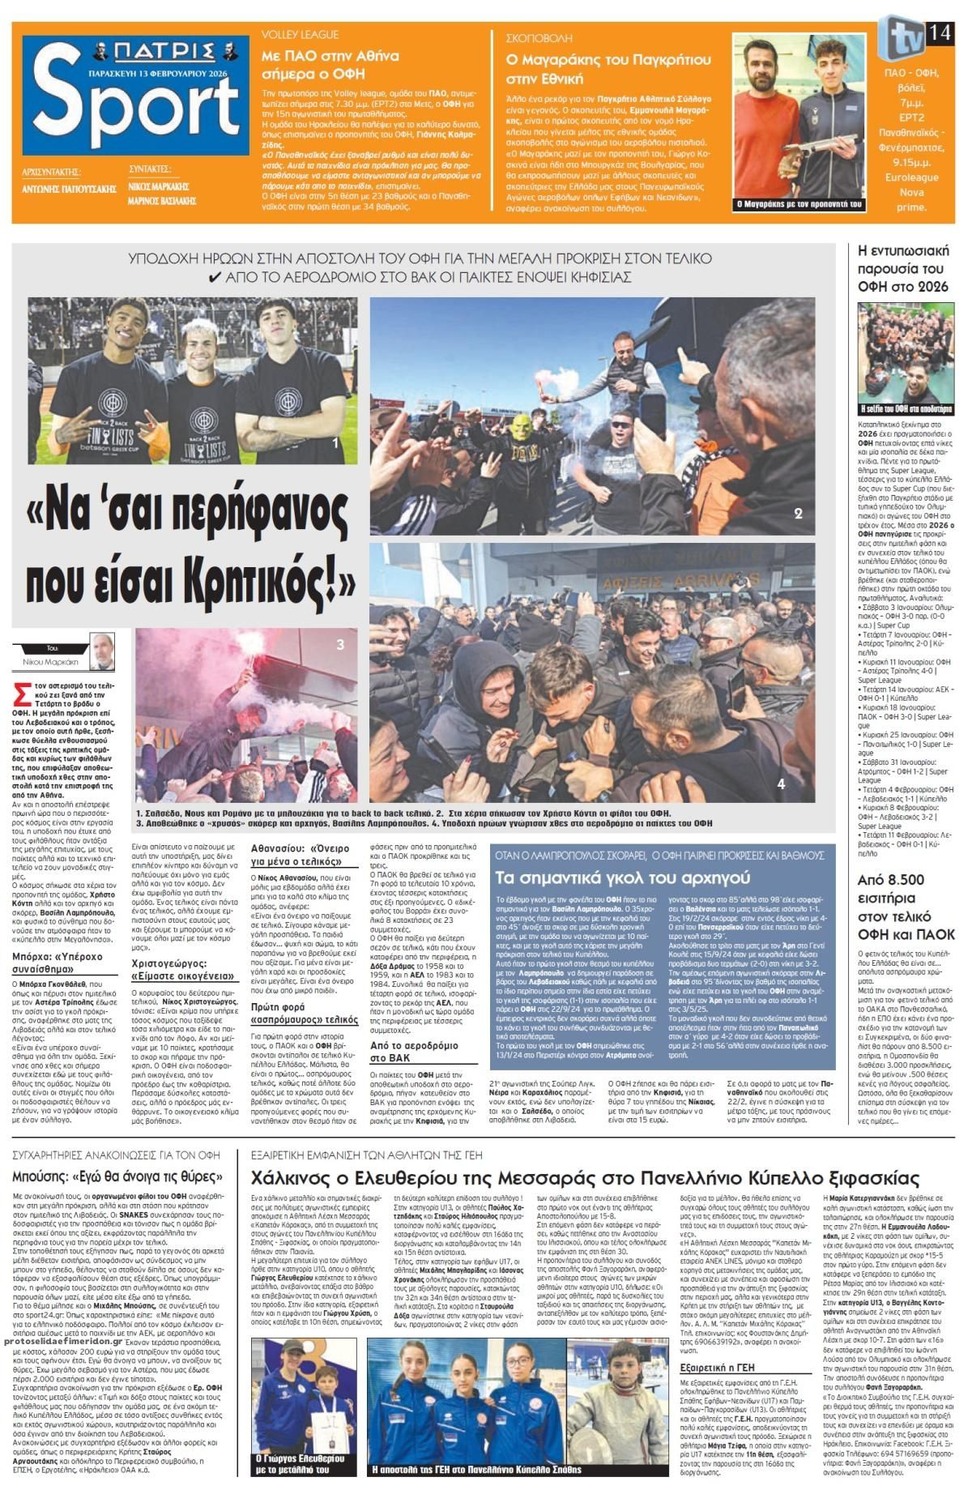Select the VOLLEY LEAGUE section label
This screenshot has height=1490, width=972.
point(300,36)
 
